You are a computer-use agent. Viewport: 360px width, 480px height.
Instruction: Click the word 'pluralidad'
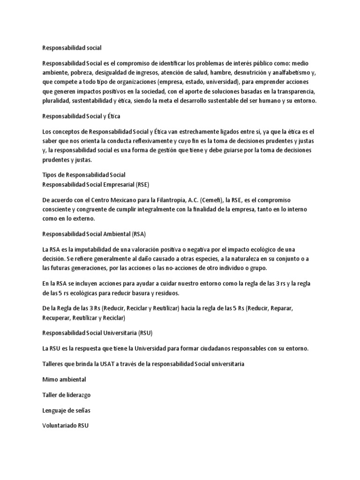57,101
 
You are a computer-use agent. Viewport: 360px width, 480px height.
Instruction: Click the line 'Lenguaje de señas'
67,410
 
